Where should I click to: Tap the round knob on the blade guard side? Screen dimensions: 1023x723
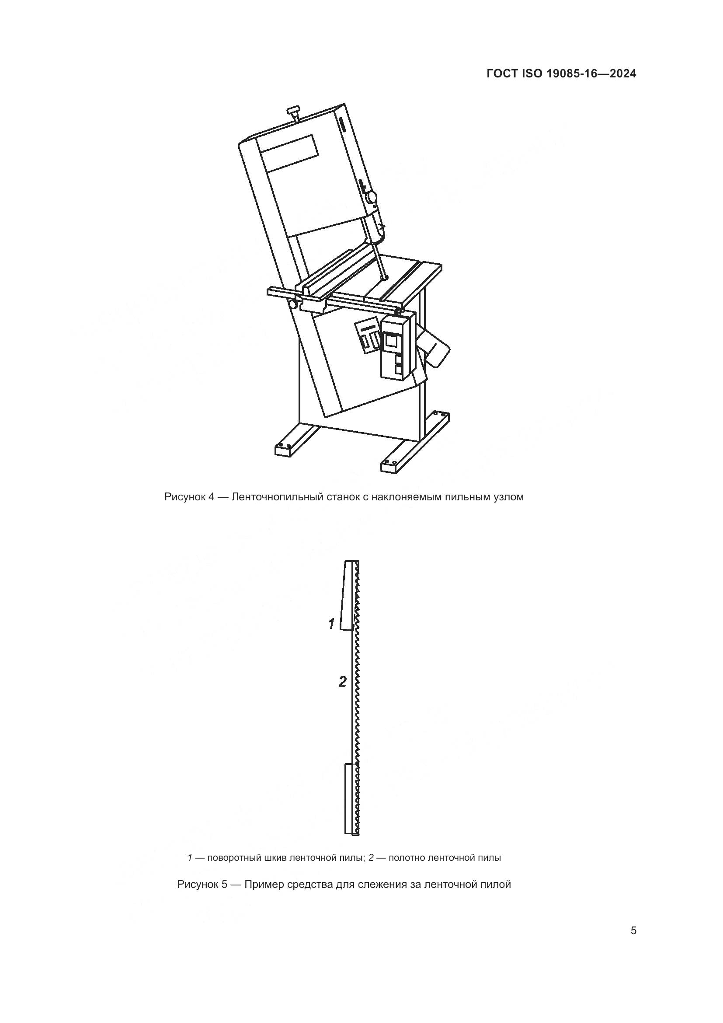point(370,196)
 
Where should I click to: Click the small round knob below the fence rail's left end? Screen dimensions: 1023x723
point(293,304)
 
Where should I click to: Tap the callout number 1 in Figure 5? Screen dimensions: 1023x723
point(331,624)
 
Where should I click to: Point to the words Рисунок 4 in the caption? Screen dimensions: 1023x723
point(189,497)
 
